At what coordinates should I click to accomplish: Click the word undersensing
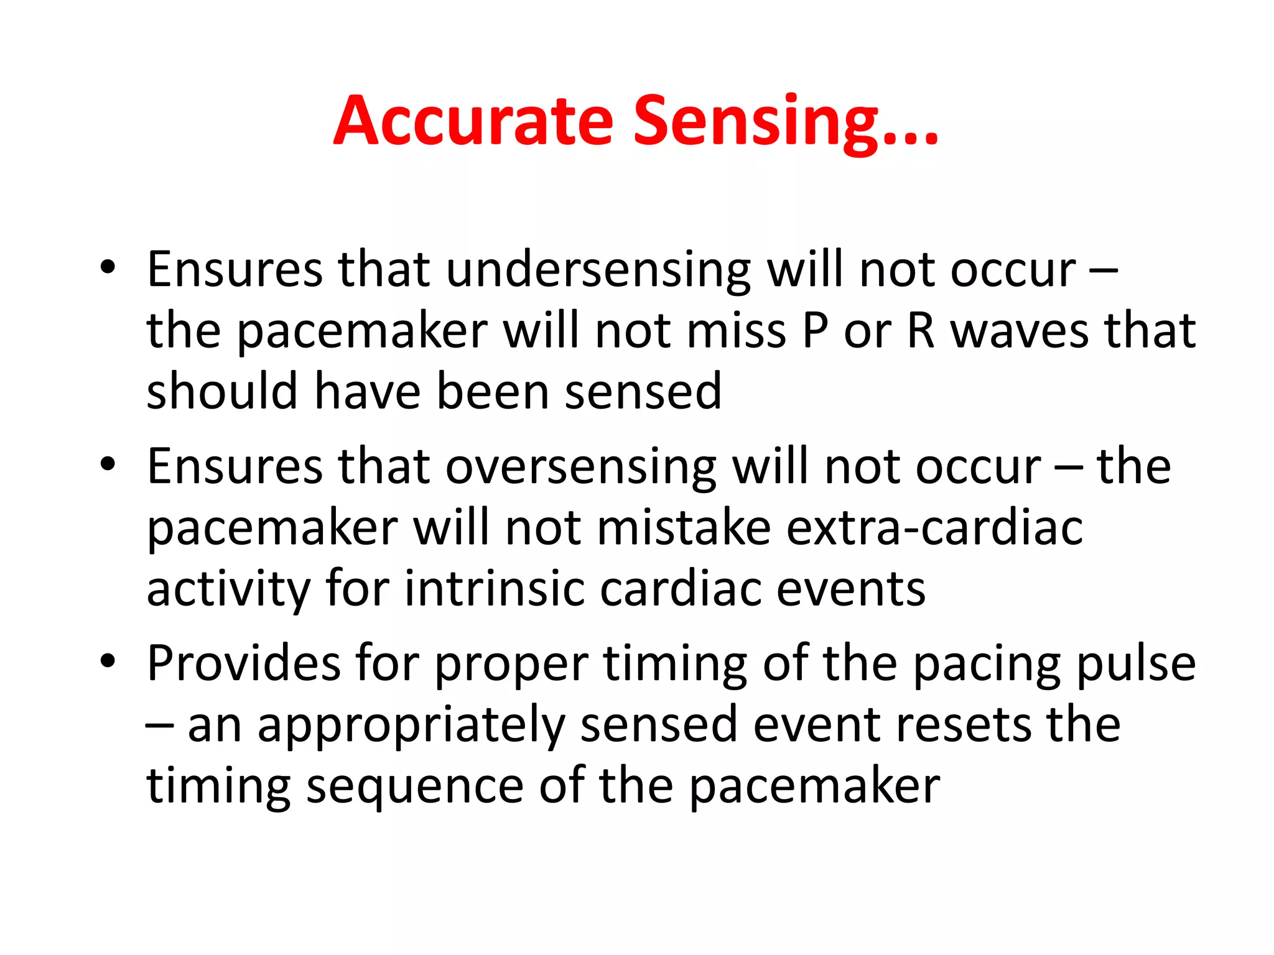click(x=598, y=270)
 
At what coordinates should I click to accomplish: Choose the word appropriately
click(x=411, y=726)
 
